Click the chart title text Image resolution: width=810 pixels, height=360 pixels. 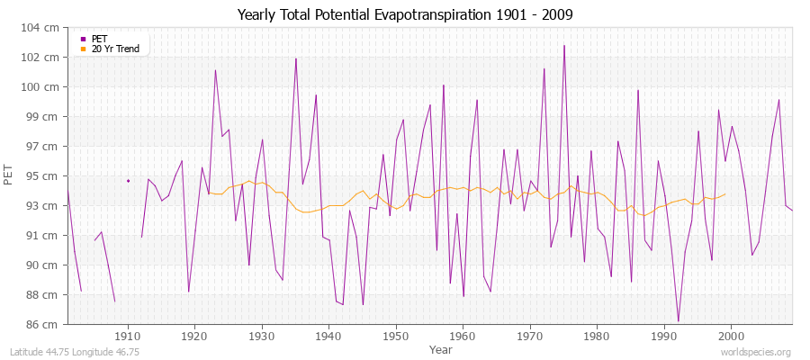click(404, 14)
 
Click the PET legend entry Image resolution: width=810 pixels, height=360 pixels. click(99, 39)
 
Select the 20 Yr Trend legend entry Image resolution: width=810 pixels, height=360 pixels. click(115, 49)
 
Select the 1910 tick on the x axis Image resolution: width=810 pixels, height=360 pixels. click(128, 336)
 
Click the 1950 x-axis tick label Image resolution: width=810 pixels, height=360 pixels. click(396, 336)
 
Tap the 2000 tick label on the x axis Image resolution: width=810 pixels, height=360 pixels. click(731, 336)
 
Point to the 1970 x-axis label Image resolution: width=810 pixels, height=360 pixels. click(530, 336)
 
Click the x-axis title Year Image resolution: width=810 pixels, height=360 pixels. click(441, 348)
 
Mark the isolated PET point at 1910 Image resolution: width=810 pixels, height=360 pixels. click(128, 181)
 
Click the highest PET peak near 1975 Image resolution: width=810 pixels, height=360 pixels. click(564, 46)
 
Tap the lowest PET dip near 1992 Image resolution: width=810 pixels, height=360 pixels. click(678, 320)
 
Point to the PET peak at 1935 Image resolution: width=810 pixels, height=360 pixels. click(296, 58)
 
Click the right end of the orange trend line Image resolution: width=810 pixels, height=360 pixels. click(724, 194)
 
